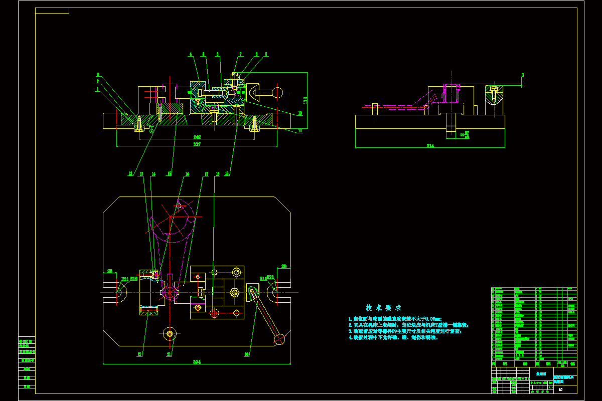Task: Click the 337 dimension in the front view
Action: click(197, 144)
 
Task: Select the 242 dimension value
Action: click(198, 137)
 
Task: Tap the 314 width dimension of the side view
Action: click(430, 146)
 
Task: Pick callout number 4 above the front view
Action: click(191, 54)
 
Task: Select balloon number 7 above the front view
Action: click(240, 54)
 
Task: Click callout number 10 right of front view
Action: click(300, 113)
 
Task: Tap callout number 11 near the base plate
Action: click(299, 130)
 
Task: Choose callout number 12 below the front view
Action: click(130, 174)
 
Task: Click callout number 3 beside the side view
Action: click(522, 75)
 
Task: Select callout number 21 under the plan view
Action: click(169, 354)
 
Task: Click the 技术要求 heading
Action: click(383, 308)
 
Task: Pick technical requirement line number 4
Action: click(393, 337)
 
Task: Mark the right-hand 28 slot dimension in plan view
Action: click(283, 266)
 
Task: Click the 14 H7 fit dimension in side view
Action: click(465, 134)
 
